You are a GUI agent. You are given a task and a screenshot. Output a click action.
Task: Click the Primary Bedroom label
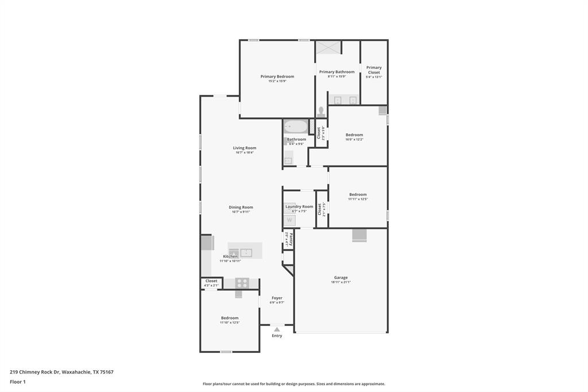point(277,76)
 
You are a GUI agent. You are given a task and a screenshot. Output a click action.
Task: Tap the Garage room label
point(341,278)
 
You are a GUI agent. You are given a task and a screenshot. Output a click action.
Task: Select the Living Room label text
point(245,148)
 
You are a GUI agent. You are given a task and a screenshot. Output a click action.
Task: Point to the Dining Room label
point(241,207)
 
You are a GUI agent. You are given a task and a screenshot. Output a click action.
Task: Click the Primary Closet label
point(374,70)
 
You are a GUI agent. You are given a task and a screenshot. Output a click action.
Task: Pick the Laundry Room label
point(299,206)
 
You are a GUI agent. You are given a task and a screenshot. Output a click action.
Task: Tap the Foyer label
point(277,298)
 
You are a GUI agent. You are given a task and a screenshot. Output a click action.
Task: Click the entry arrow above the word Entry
point(277,329)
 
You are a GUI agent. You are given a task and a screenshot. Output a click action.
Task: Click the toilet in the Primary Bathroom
point(321,112)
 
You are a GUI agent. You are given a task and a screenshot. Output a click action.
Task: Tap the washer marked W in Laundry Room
point(289,220)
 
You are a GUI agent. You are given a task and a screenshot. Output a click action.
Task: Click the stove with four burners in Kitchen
point(242,283)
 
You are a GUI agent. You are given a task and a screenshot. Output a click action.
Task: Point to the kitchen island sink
point(246,252)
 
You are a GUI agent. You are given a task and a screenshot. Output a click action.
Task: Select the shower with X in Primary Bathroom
point(328,47)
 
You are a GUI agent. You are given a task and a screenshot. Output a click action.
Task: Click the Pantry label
point(291,238)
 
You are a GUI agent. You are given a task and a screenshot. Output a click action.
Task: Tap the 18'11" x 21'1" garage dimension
point(341,282)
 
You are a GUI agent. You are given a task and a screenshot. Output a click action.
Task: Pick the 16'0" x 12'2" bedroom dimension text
point(354,139)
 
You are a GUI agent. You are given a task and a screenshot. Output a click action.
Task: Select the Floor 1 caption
point(18,382)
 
